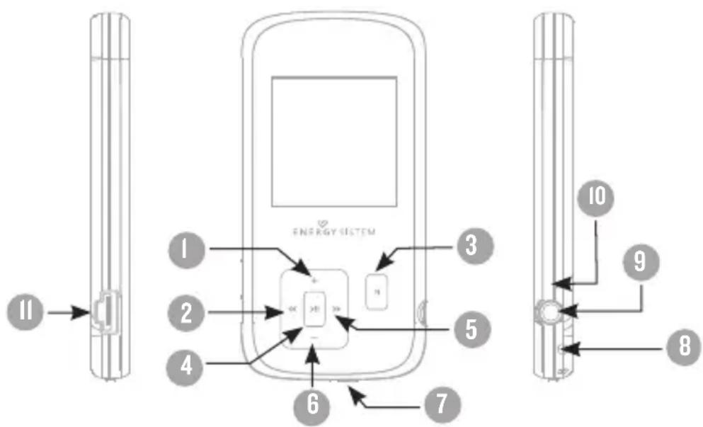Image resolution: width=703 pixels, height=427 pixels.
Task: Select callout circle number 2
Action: click(186, 309)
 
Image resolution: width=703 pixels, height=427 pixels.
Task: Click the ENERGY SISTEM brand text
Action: click(333, 231)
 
